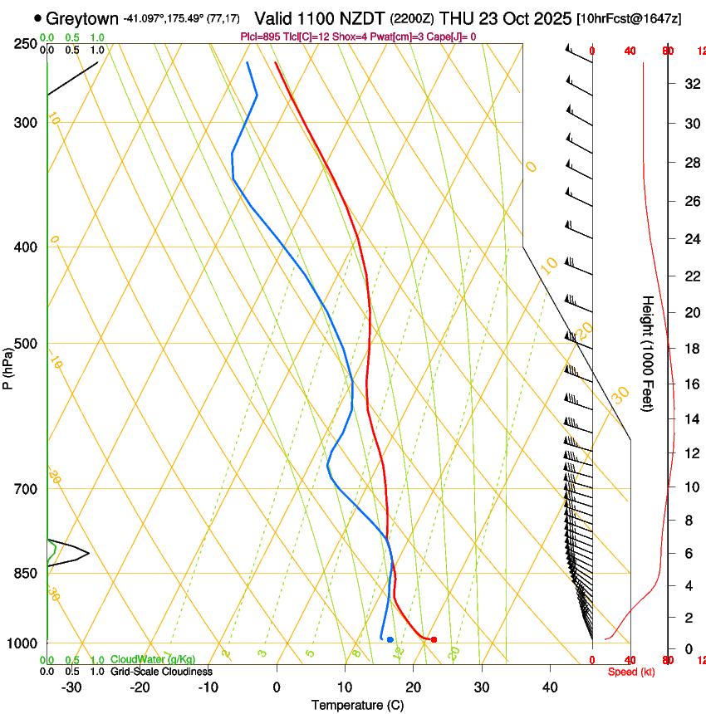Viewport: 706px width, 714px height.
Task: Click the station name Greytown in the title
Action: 82,18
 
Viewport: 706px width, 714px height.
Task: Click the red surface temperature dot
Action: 434,639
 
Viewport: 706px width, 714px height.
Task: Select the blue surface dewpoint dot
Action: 390,639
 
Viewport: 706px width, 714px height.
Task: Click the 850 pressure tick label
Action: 26,574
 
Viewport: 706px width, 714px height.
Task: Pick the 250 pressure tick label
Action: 26,44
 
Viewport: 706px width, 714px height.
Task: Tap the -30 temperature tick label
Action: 71,687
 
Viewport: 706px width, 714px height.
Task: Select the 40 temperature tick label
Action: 550,687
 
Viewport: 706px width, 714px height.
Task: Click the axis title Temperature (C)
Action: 357,705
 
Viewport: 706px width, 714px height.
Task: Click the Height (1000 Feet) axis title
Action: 649,353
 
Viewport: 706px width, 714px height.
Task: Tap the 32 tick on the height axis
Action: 690,84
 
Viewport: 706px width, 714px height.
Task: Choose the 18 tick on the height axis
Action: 690,349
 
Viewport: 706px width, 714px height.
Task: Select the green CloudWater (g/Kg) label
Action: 153,660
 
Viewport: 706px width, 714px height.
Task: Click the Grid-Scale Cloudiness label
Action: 161,671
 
